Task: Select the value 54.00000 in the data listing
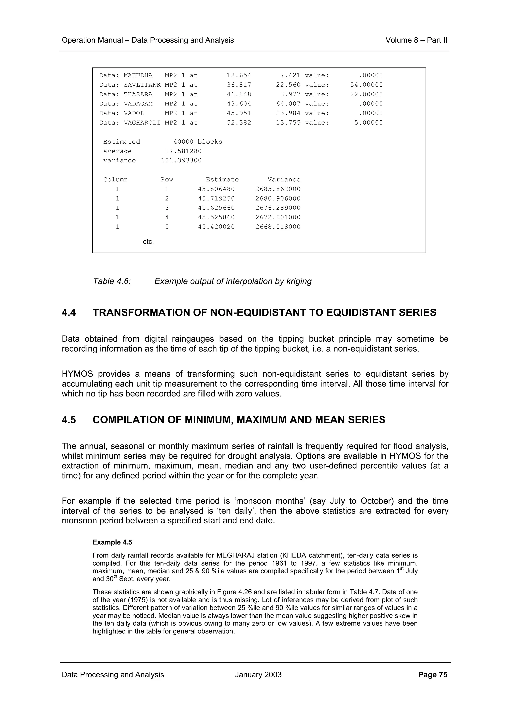click(366, 85)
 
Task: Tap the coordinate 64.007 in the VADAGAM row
click(288, 104)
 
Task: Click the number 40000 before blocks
click(184, 142)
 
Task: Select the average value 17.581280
click(184, 151)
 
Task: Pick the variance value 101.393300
click(181, 160)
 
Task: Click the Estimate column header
click(222, 180)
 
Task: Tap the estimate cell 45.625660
click(216, 208)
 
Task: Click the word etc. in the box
click(148, 242)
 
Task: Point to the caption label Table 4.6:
click(112, 281)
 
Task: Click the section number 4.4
click(69, 313)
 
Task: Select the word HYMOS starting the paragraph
click(77, 374)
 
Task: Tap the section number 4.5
click(69, 420)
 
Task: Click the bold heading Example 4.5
click(112, 542)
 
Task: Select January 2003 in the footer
click(258, 675)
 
